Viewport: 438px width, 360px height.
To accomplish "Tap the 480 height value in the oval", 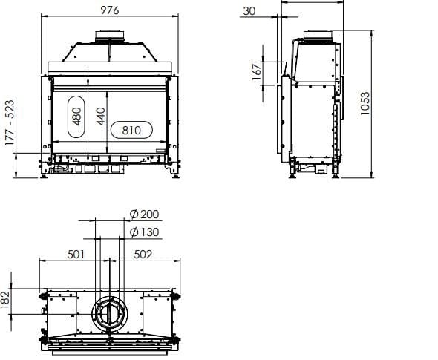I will tap(76, 116).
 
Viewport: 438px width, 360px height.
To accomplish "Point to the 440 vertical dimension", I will tap(100, 117).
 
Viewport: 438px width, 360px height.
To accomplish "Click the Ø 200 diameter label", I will tap(143, 215).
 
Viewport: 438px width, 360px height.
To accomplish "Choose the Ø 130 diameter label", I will tap(143, 232).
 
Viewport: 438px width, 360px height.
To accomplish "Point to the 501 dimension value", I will tap(76, 254).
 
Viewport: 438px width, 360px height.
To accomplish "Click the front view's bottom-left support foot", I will tap(45, 173).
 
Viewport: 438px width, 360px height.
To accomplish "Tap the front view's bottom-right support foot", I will tap(174, 173).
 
